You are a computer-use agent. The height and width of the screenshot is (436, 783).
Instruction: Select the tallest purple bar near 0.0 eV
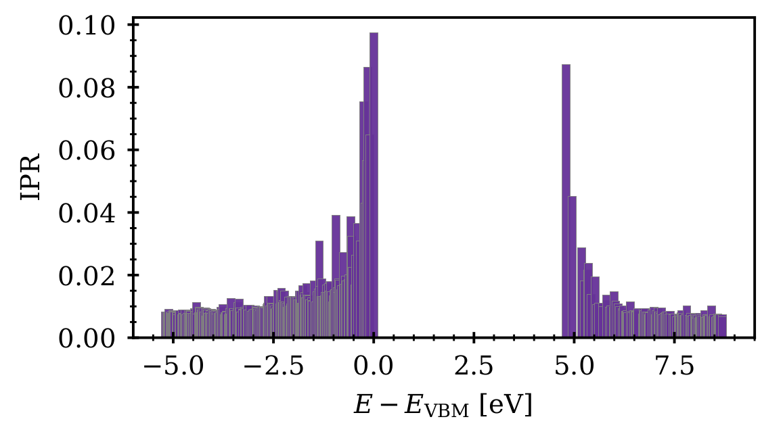[x=374, y=183]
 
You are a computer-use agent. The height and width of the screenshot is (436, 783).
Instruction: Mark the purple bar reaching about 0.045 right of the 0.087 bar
[x=573, y=264]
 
